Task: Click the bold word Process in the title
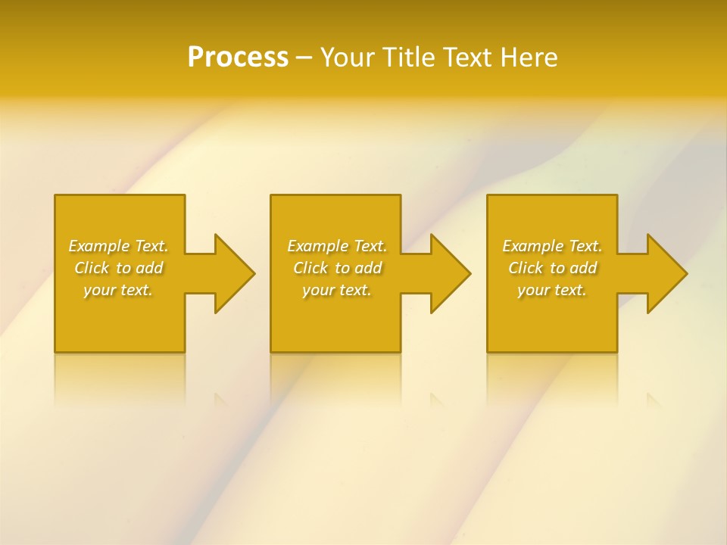(238, 58)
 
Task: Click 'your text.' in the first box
(118, 290)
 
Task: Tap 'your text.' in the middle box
(337, 290)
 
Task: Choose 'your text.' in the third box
(552, 290)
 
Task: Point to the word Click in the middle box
(310, 268)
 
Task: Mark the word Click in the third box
(526, 268)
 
